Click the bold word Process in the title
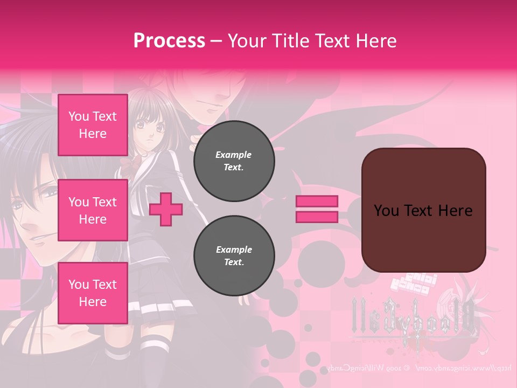[x=169, y=40]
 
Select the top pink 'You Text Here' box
[x=93, y=125]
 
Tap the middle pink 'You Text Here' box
[x=93, y=210]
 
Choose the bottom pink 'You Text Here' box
[x=93, y=293]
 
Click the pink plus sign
[x=166, y=210]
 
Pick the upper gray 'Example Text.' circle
[x=234, y=161]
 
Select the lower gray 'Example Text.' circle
[x=234, y=256]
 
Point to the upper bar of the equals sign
[x=317, y=202]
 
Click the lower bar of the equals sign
[x=317, y=217]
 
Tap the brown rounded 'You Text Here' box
[x=423, y=210]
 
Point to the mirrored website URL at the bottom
[x=420, y=369]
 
